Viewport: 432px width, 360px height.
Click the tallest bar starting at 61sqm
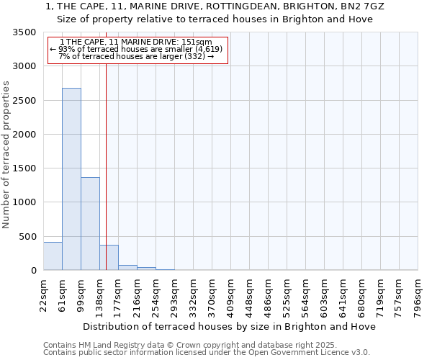click(x=71, y=180)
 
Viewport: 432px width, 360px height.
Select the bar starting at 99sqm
click(x=90, y=224)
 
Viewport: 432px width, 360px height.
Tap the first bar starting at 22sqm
click(x=53, y=256)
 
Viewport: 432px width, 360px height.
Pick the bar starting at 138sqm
click(x=109, y=258)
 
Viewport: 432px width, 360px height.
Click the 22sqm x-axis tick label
click(x=44, y=294)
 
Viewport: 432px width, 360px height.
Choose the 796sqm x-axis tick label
click(x=418, y=294)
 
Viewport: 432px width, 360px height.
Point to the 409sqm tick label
click(x=231, y=294)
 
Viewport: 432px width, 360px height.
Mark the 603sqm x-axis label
click(x=325, y=294)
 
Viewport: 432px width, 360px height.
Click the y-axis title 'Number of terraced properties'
click(x=6, y=154)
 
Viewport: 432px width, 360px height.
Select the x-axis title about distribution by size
click(x=230, y=326)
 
